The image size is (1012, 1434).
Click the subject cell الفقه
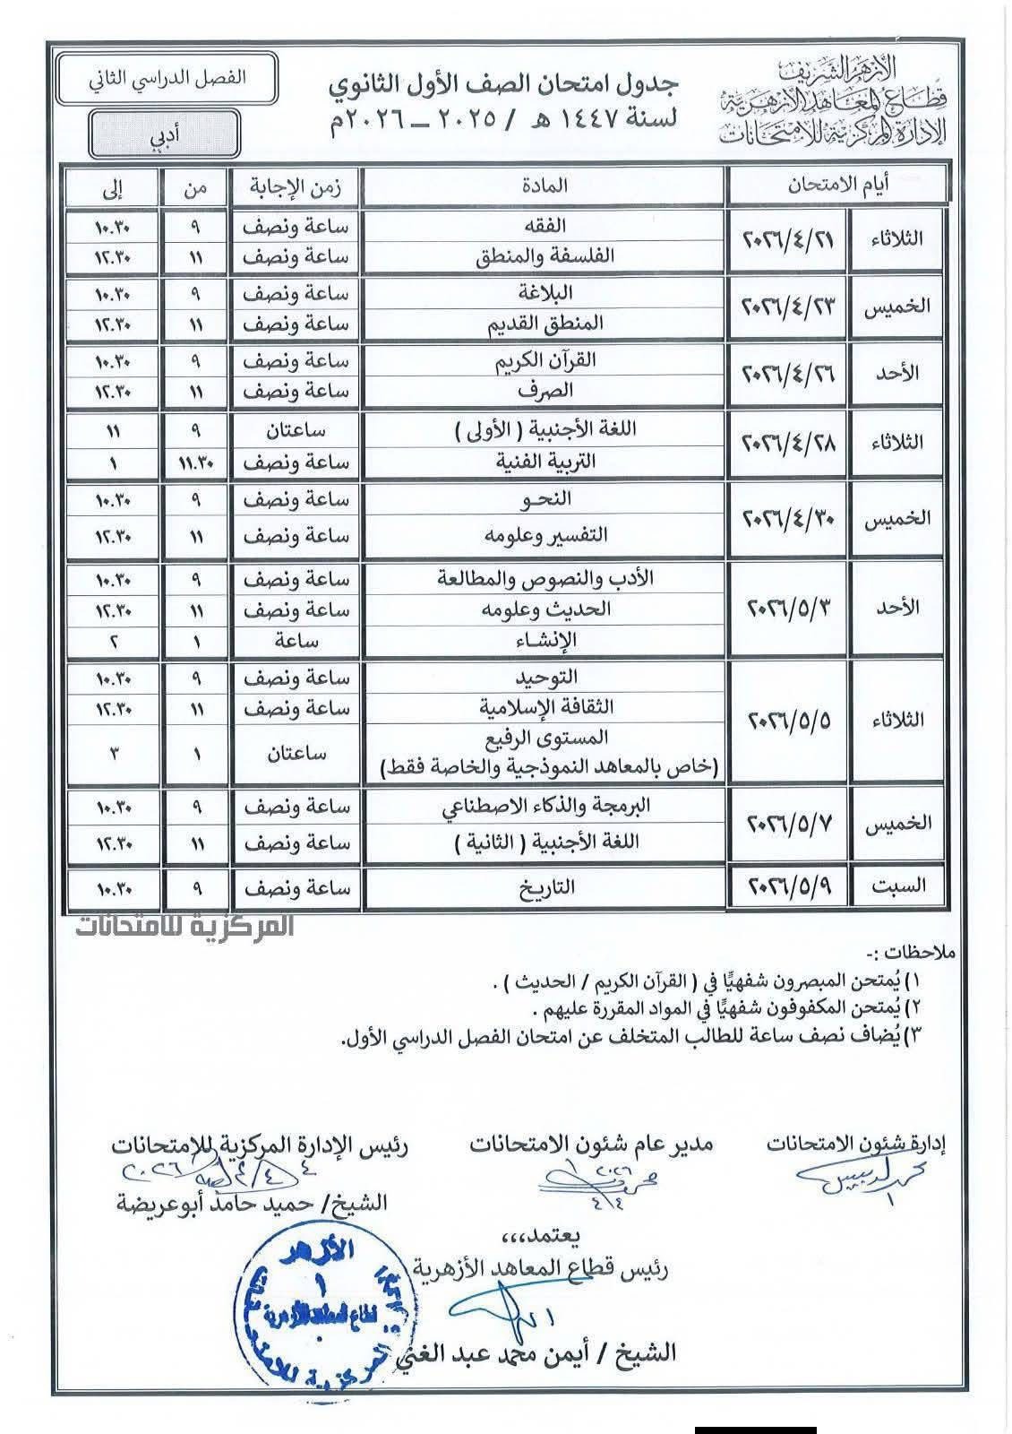[x=544, y=226]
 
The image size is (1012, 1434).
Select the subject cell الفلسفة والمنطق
[x=544, y=256]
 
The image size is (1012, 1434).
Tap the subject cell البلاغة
[x=544, y=293]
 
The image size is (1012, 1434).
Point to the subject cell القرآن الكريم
[x=544, y=360]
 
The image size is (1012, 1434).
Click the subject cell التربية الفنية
[x=544, y=462]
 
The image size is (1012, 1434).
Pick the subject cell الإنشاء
[x=544, y=640]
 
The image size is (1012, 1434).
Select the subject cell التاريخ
[x=544, y=887]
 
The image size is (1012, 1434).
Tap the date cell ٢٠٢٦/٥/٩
[x=787, y=887]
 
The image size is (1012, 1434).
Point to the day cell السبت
[x=898, y=887]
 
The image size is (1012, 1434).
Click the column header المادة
[x=544, y=186]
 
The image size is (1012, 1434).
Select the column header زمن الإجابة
[x=295, y=186]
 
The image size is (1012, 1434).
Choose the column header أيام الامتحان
[x=837, y=186]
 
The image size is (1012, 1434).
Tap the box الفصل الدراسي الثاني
[x=167, y=78]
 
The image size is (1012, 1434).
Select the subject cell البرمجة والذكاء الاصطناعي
[x=544, y=807]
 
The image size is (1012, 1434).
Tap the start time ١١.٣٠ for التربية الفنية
[x=196, y=462]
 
